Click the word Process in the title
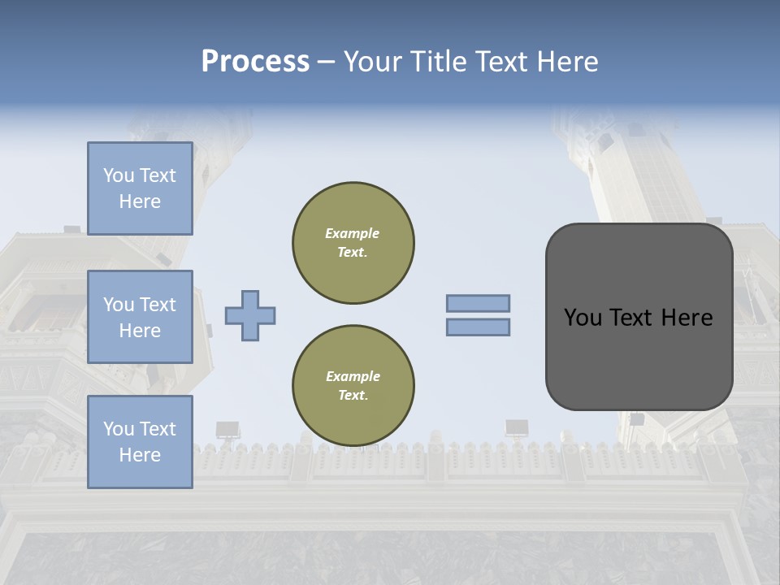click(x=255, y=62)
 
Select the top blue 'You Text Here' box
click(x=140, y=188)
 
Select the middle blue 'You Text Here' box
click(x=140, y=317)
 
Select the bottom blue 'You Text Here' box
click(x=140, y=442)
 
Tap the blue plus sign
click(x=250, y=315)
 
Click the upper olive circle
click(x=353, y=243)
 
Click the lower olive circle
click(x=353, y=386)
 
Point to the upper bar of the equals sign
click(x=478, y=303)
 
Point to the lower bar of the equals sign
click(x=478, y=327)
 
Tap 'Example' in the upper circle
click(x=353, y=233)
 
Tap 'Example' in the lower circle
click(x=353, y=376)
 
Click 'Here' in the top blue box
click(x=140, y=201)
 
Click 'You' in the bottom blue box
click(x=119, y=429)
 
